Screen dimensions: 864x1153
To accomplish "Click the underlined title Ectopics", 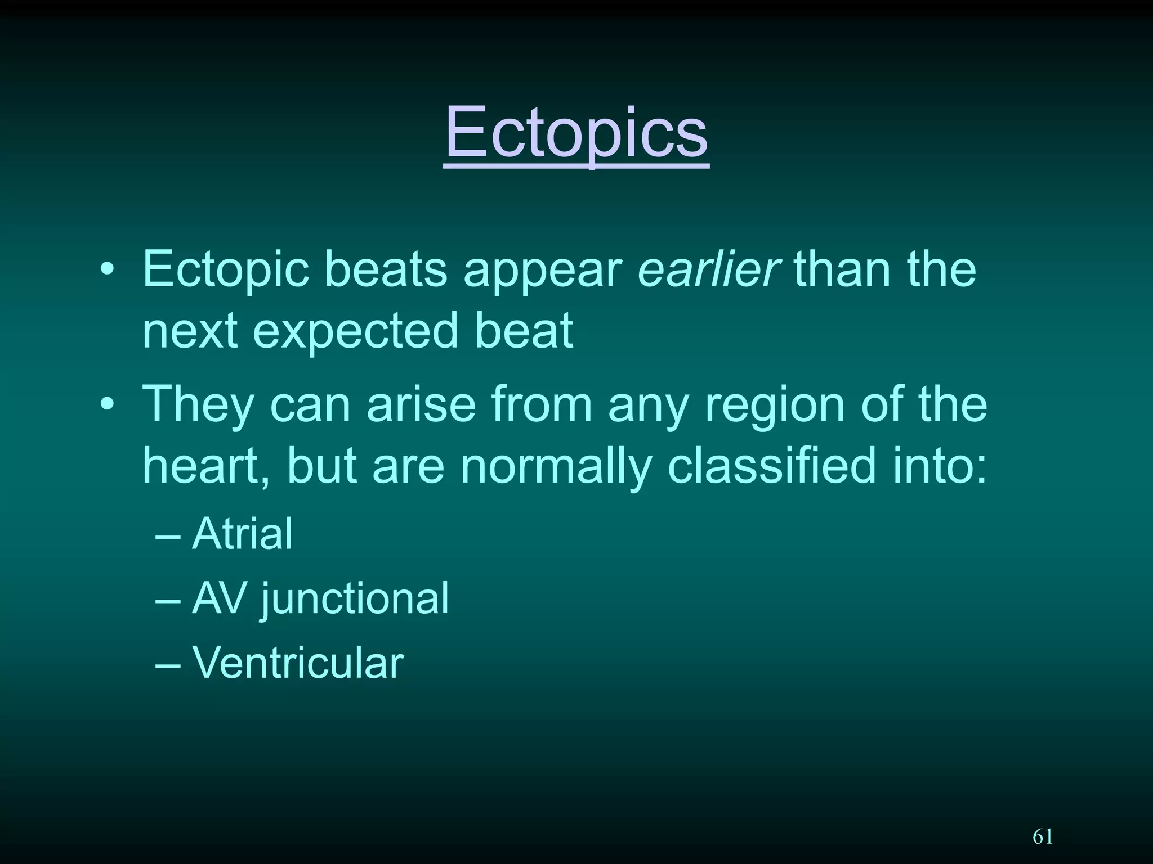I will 576,134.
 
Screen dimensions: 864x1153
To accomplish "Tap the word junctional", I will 355,600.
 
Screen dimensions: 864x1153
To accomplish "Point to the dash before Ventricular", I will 168,664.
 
